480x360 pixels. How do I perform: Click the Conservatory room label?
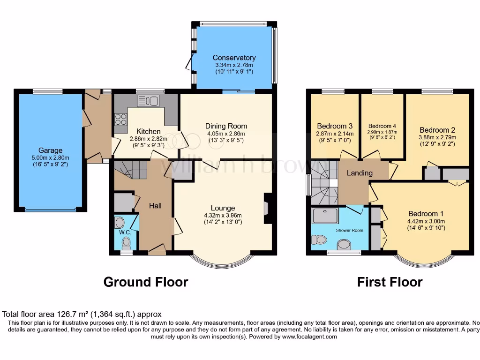(234, 58)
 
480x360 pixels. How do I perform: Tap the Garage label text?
(50, 150)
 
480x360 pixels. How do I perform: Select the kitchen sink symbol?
(148, 101)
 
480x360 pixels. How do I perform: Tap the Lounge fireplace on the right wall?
(267, 208)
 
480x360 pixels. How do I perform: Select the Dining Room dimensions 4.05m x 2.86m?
(226, 134)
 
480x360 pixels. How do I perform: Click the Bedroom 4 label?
(382, 126)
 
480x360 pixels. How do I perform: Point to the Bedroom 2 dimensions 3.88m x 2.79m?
(437, 137)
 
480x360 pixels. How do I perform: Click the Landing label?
(360, 173)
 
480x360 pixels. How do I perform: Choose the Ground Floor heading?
(145, 282)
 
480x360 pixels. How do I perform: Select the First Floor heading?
(390, 282)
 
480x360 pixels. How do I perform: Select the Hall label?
(155, 206)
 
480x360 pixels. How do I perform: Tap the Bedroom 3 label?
(335, 126)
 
